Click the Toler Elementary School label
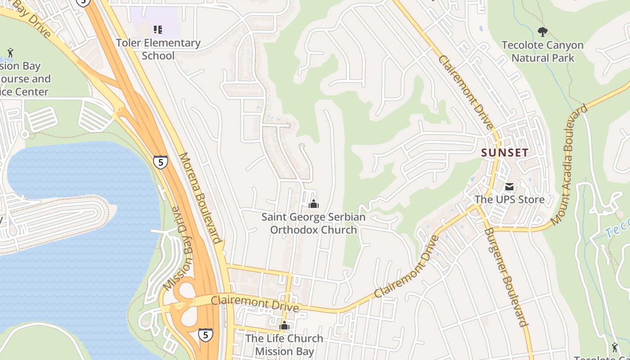tap(158, 49)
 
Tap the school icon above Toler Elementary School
tap(157, 30)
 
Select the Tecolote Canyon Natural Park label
tap(543, 51)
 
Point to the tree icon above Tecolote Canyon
tap(543, 31)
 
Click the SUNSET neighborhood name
tap(504, 153)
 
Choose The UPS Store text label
tap(509, 199)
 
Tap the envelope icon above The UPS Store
tap(509, 186)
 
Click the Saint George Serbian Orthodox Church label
tap(314, 224)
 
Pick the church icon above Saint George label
tap(314, 204)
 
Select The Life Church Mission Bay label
tap(284, 344)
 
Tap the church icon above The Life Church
tap(284, 325)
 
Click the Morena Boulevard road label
tap(200, 198)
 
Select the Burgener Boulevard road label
tap(505, 277)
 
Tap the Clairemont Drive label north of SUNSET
tap(466, 92)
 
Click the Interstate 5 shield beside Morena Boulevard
tap(160, 162)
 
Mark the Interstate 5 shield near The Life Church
tap(205, 335)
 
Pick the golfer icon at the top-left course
tap(10, 53)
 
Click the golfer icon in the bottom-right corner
tap(615, 347)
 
